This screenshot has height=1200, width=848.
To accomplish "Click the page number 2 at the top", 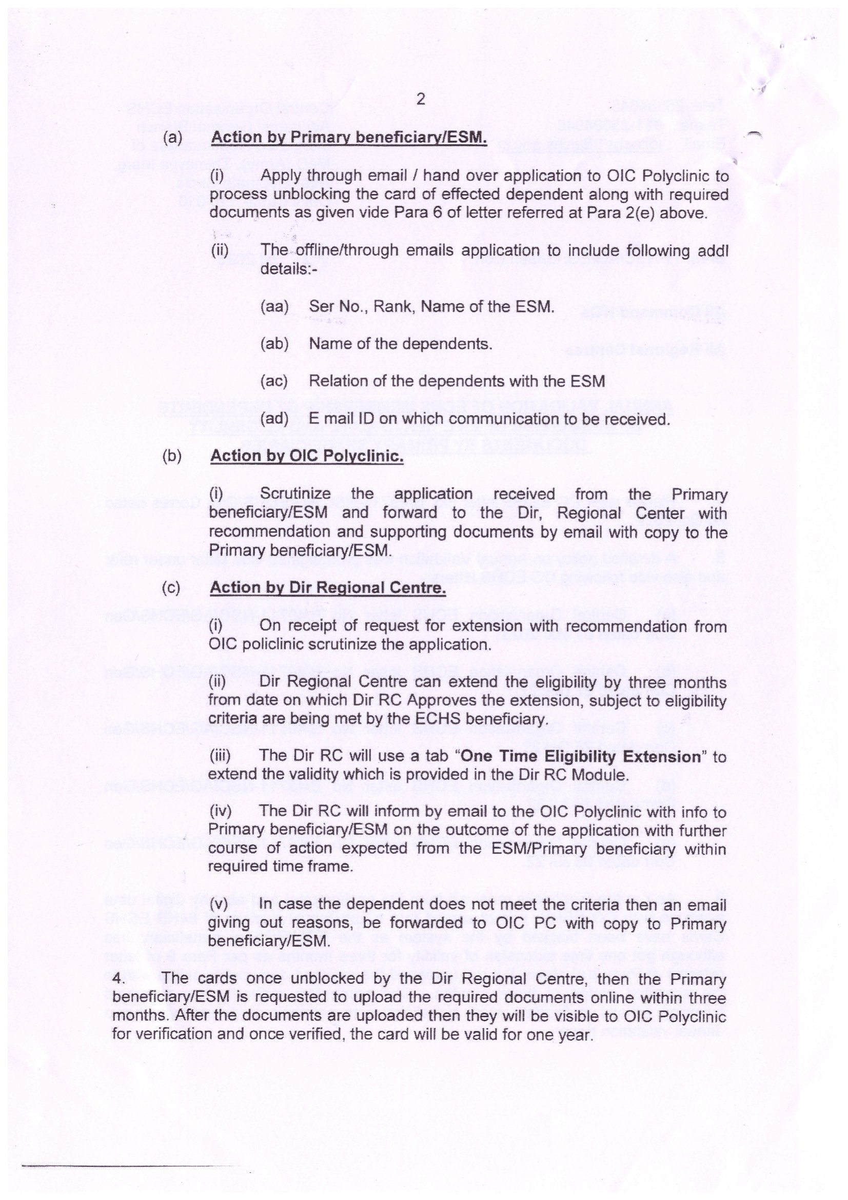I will [421, 100].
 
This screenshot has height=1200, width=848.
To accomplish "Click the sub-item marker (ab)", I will [274, 344].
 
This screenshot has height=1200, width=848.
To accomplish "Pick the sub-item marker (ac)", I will [274, 381].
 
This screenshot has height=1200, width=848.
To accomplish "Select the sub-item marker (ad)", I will [274, 419].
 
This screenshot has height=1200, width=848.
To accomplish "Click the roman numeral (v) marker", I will [219, 904].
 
